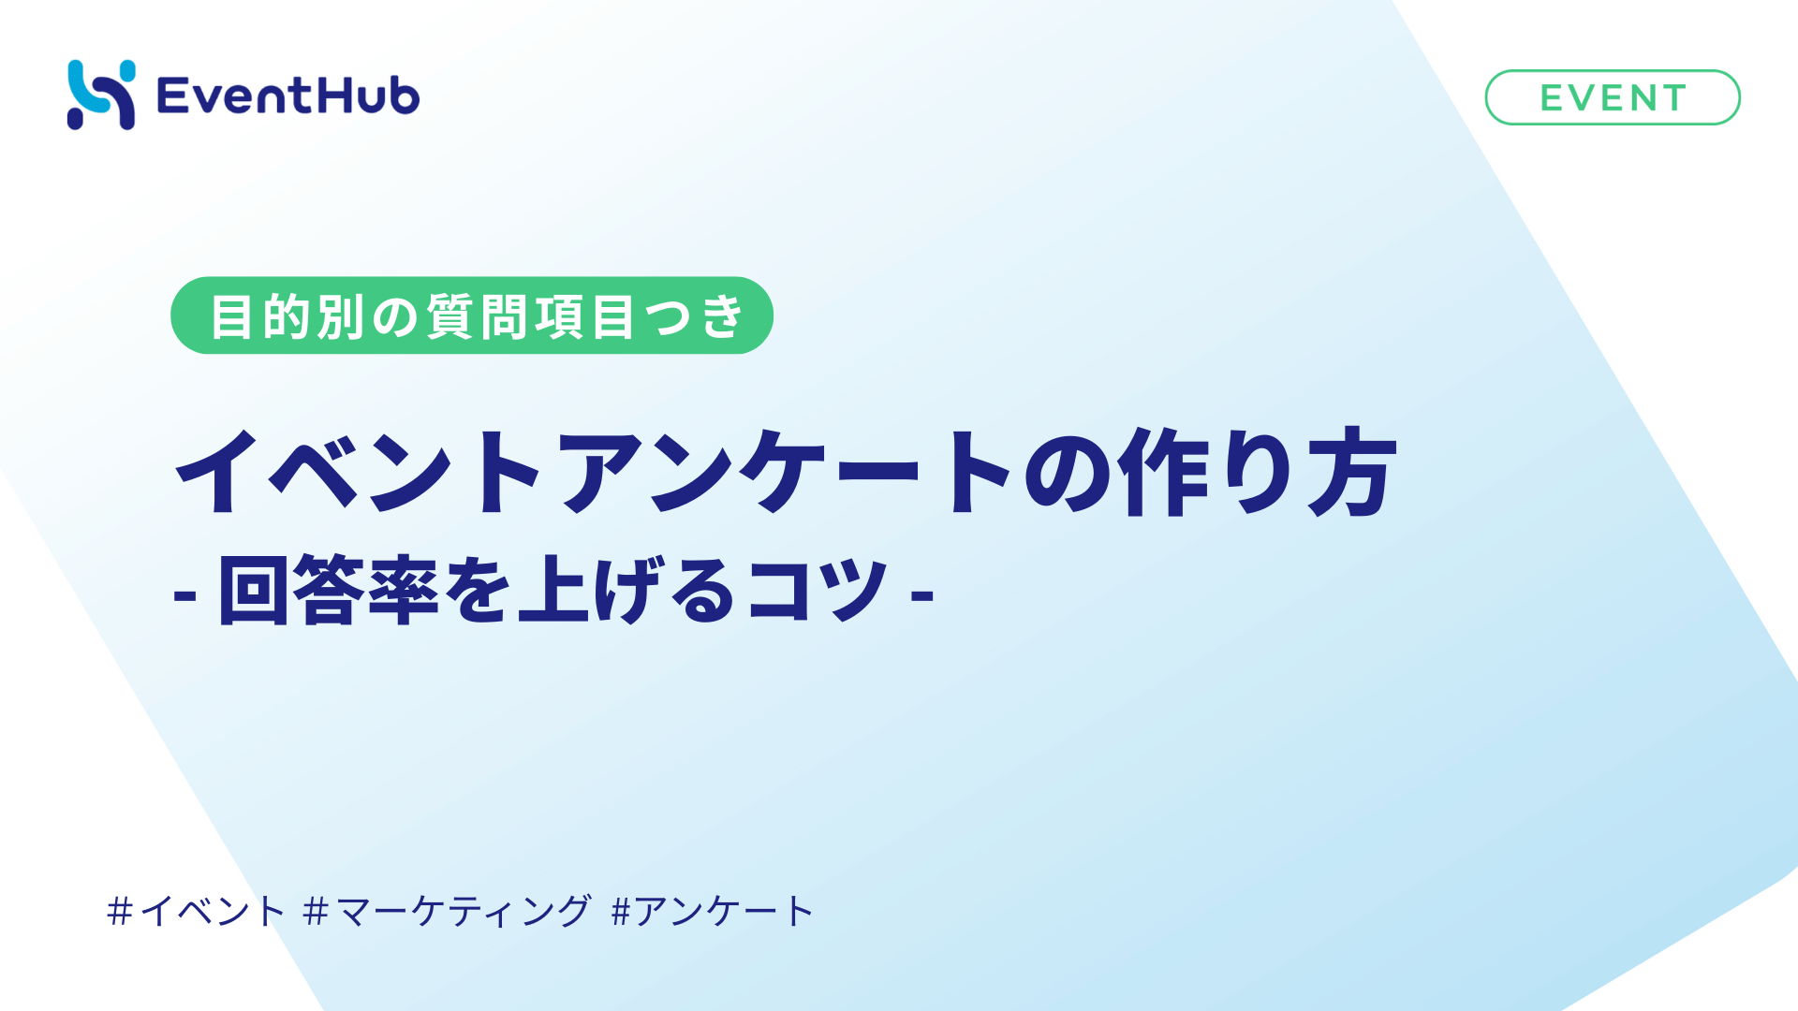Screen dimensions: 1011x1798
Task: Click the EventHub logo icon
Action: click(x=101, y=95)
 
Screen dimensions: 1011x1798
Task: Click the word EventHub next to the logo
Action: click(x=288, y=95)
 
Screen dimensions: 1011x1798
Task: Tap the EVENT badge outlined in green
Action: click(x=1612, y=97)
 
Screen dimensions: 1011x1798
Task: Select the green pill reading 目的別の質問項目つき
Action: click(x=471, y=315)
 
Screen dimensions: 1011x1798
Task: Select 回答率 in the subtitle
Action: click(x=329, y=590)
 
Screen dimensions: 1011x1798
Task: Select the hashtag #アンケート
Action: click(x=712, y=911)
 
